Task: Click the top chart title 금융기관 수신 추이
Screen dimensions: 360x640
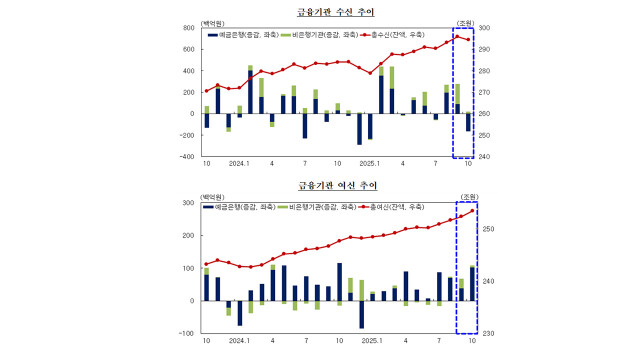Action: click(319, 12)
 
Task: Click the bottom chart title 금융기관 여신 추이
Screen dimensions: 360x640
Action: click(319, 185)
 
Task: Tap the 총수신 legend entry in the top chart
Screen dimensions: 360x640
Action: click(398, 36)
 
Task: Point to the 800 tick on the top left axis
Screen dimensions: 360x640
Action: click(187, 27)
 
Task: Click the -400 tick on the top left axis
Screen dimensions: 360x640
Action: click(186, 157)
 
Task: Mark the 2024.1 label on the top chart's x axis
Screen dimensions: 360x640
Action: click(238, 163)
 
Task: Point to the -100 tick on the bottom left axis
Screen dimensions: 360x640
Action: click(186, 333)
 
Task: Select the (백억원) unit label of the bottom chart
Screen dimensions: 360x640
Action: click(214, 195)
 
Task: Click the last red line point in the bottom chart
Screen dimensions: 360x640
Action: click(472, 210)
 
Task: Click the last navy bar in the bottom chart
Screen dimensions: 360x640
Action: click(472, 284)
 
